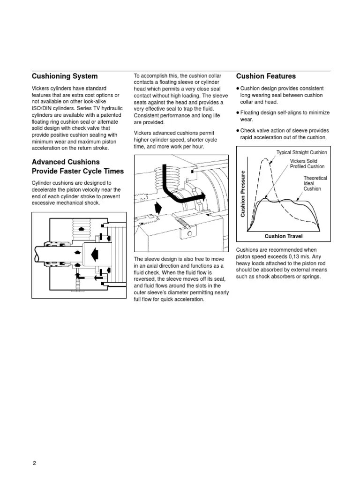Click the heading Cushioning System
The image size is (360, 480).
[65, 76]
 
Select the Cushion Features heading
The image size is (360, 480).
[266, 76]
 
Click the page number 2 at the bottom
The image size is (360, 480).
[34, 463]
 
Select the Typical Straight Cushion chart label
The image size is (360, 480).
[301, 152]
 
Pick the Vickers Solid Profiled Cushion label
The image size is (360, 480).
[307, 164]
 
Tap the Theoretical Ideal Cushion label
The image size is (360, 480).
[315, 183]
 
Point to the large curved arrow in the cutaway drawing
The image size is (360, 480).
[173, 187]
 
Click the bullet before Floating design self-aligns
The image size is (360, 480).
[238, 113]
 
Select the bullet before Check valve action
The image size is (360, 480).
[238, 131]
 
